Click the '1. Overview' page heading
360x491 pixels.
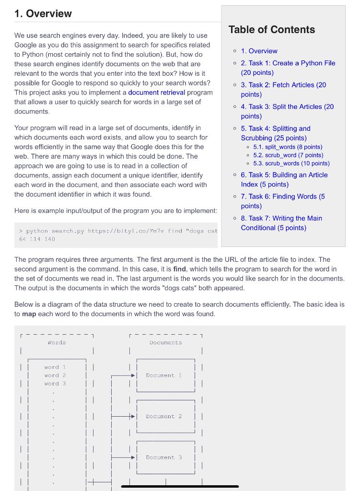tap(43, 13)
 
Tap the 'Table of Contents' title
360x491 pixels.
tap(272, 30)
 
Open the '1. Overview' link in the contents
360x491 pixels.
tap(259, 51)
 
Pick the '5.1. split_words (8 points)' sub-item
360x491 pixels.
tap(288, 147)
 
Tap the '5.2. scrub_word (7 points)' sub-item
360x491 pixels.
tap(288, 155)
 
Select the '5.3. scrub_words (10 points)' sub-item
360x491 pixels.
tap(291, 163)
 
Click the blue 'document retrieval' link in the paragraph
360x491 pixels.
tap(156, 92)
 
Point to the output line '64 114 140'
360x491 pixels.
tap(37, 239)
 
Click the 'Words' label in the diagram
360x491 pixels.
tap(57, 342)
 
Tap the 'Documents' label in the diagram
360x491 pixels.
tap(166, 342)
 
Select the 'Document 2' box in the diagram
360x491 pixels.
tap(164, 416)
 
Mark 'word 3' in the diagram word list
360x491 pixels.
tap(55, 384)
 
